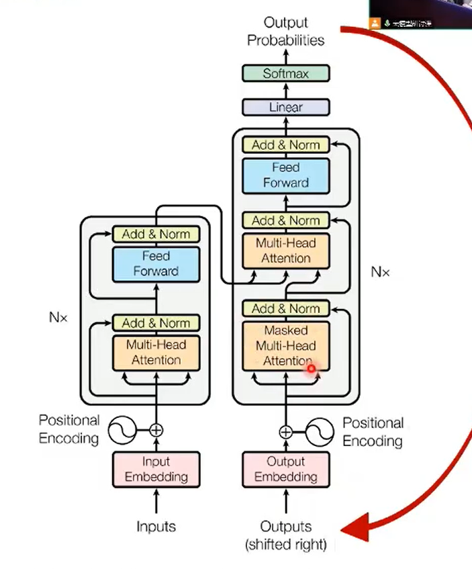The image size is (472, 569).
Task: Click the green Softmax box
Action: pyautogui.click(x=286, y=73)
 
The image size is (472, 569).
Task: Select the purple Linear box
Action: pyautogui.click(x=286, y=107)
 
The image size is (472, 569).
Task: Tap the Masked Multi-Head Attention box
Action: pyautogui.click(x=286, y=346)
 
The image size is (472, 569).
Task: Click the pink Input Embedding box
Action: pyautogui.click(x=156, y=469)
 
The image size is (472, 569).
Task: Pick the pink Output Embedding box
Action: pyautogui.click(x=286, y=469)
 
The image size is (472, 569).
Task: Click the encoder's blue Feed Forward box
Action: pyautogui.click(x=156, y=263)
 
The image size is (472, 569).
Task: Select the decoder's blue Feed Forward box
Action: pyautogui.click(x=286, y=175)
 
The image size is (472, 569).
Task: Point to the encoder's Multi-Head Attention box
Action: pyautogui.click(x=156, y=352)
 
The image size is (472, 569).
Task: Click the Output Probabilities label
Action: pyautogui.click(x=285, y=32)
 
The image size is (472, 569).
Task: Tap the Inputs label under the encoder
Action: pyautogui.click(x=156, y=526)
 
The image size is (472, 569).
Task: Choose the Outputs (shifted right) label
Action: pyautogui.click(x=286, y=535)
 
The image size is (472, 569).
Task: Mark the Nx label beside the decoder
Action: pyautogui.click(x=380, y=272)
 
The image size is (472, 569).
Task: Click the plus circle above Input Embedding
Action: pyautogui.click(x=156, y=430)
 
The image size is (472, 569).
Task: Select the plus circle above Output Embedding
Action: pyautogui.click(x=286, y=432)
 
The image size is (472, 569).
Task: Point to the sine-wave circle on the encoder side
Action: pyautogui.click(x=122, y=430)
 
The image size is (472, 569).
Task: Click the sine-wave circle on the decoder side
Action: pyautogui.click(x=320, y=432)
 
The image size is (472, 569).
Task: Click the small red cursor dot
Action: pyautogui.click(x=311, y=368)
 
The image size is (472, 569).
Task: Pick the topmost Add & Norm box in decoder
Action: pyautogui.click(x=286, y=145)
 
